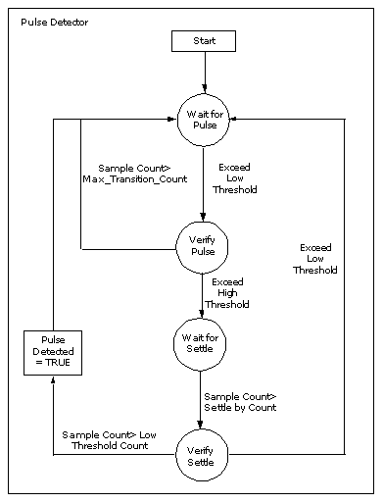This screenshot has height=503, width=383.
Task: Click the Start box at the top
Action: [x=203, y=41]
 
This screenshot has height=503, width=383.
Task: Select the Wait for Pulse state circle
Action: [x=205, y=120]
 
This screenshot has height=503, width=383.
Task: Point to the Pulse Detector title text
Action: [x=54, y=21]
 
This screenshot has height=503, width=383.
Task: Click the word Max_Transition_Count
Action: [x=128, y=178]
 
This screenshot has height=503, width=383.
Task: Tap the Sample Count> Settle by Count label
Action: [x=240, y=401]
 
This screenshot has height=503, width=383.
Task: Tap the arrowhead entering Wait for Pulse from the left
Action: [x=169, y=120]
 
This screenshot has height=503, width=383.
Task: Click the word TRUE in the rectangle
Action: [x=59, y=363]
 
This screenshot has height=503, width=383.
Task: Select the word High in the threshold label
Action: [x=226, y=293]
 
